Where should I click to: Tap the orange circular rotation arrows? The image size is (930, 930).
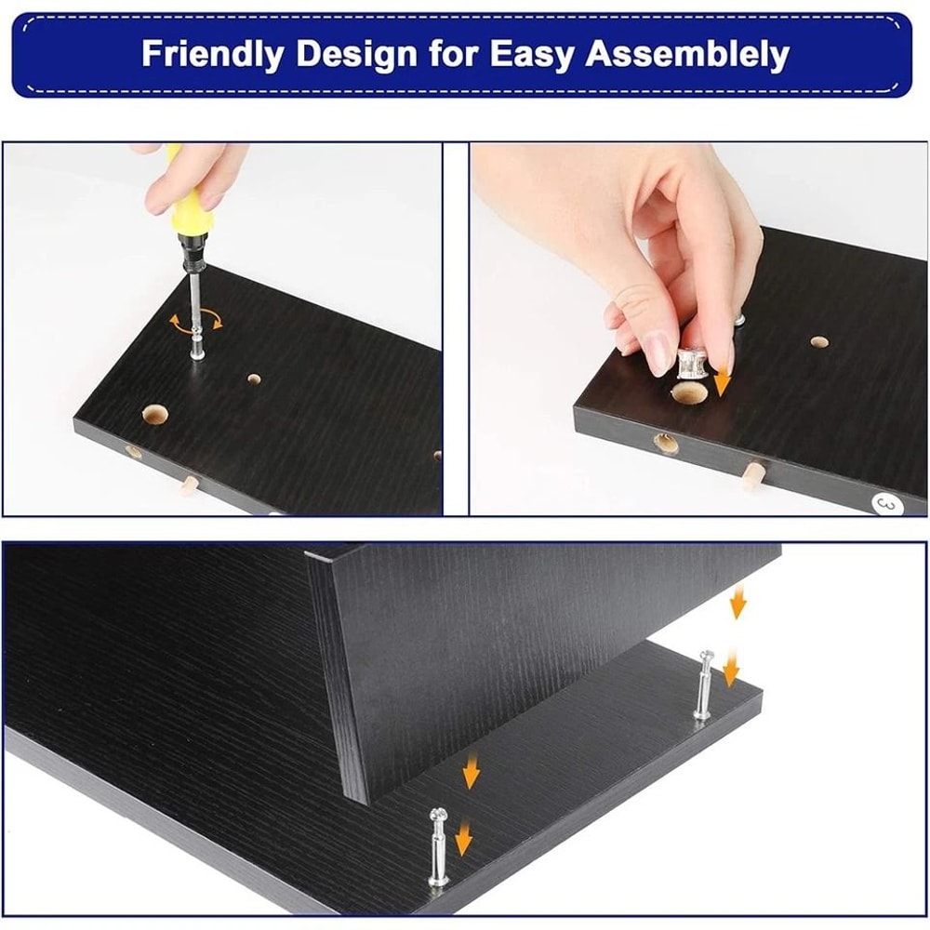[x=196, y=321]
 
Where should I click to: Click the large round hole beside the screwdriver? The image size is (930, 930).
[x=153, y=414]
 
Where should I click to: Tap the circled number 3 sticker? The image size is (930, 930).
[x=885, y=503]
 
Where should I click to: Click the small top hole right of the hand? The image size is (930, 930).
[x=818, y=342]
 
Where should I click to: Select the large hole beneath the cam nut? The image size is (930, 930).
[x=688, y=395]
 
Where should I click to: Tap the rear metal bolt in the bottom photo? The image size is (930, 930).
[x=704, y=684]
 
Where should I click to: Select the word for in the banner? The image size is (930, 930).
[x=455, y=53]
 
